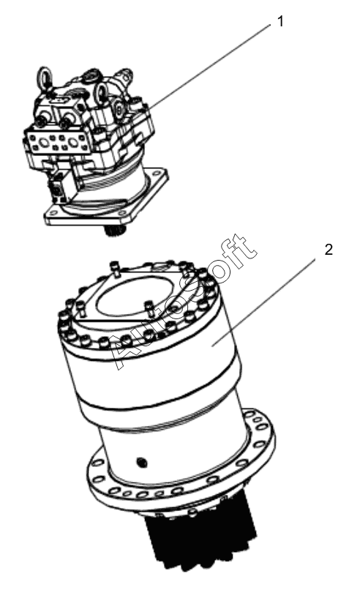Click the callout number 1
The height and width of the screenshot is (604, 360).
click(280, 21)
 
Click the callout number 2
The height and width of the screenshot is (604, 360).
click(329, 250)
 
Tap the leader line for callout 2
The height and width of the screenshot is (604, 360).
click(263, 302)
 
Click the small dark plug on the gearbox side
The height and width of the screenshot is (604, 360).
click(142, 462)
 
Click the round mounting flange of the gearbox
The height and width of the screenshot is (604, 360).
click(181, 462)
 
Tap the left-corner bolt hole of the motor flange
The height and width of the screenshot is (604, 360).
click(52, 211)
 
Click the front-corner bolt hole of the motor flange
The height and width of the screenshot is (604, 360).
click(123, 213)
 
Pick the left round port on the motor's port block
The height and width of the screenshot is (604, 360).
click(44, 143)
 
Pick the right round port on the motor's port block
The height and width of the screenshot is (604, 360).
click(73, 142)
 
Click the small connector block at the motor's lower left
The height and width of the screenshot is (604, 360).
click(57, 190)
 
